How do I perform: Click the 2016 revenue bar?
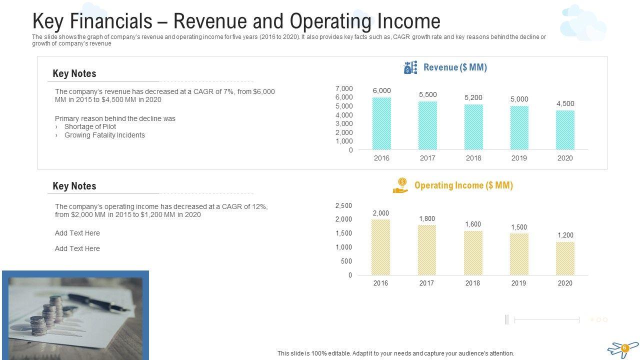pyautogui.click(x=381, y=123)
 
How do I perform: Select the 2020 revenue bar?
pyautogui.click(x=565, y=130)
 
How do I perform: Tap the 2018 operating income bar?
pyautogui.click(x=473, y=252)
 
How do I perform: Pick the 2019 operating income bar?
pyautogui.click(x=519, y=254)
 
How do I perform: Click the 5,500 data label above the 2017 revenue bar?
pyautogui.click(x=427, y=94)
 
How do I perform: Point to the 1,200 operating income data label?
pyautogui.click(x=565, y=235)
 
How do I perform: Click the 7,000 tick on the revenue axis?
pyautogui.click(x=344, y=88)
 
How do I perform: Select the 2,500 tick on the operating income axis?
pyautogui.click(x=343, y=205)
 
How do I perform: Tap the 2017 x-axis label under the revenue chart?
pyautogui.click(x=427, y=158)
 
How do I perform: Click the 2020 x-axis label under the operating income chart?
pyautogui.click(x=565, y=283)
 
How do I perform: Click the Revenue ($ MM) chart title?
pyautogui.click(x=455, y=67)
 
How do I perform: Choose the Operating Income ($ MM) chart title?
pyautogui.click(x=463, y=185)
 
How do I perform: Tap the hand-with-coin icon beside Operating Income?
pyautogui.click(x=400, y=185)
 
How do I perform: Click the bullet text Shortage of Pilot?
pyautogui.click(x=90, y=126)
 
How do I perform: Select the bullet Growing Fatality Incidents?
pyautogui.click(x=104, y=135)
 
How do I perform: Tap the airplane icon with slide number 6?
pyautogui.click(x=623, y=348)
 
